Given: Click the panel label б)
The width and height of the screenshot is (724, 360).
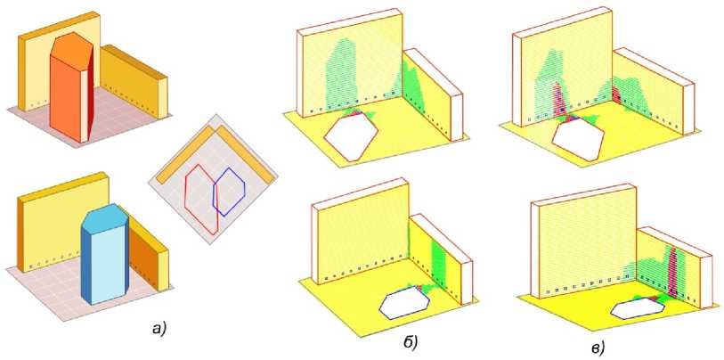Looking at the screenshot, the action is click(410, 341).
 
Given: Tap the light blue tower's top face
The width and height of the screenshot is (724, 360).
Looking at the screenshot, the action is click(103, 217).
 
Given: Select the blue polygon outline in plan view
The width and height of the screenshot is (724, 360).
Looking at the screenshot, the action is click(229, 192).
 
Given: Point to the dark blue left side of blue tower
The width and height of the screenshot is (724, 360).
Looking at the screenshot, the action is click(85, 263).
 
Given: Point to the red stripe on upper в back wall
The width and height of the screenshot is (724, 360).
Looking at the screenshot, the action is click(557, 102).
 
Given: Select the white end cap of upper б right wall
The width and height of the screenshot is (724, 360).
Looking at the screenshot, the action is click(457, 117).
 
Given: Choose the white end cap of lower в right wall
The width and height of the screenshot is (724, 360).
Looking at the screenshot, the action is click(706, 282).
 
